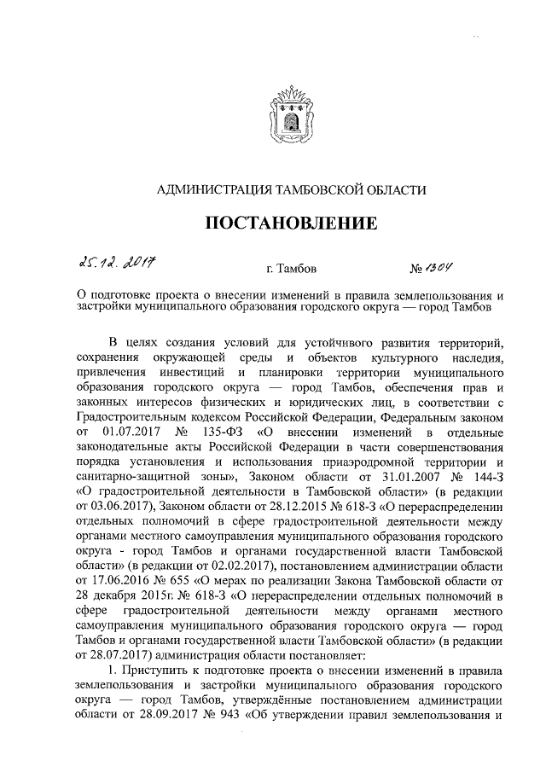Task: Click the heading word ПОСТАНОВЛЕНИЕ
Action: tap(291, 224)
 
